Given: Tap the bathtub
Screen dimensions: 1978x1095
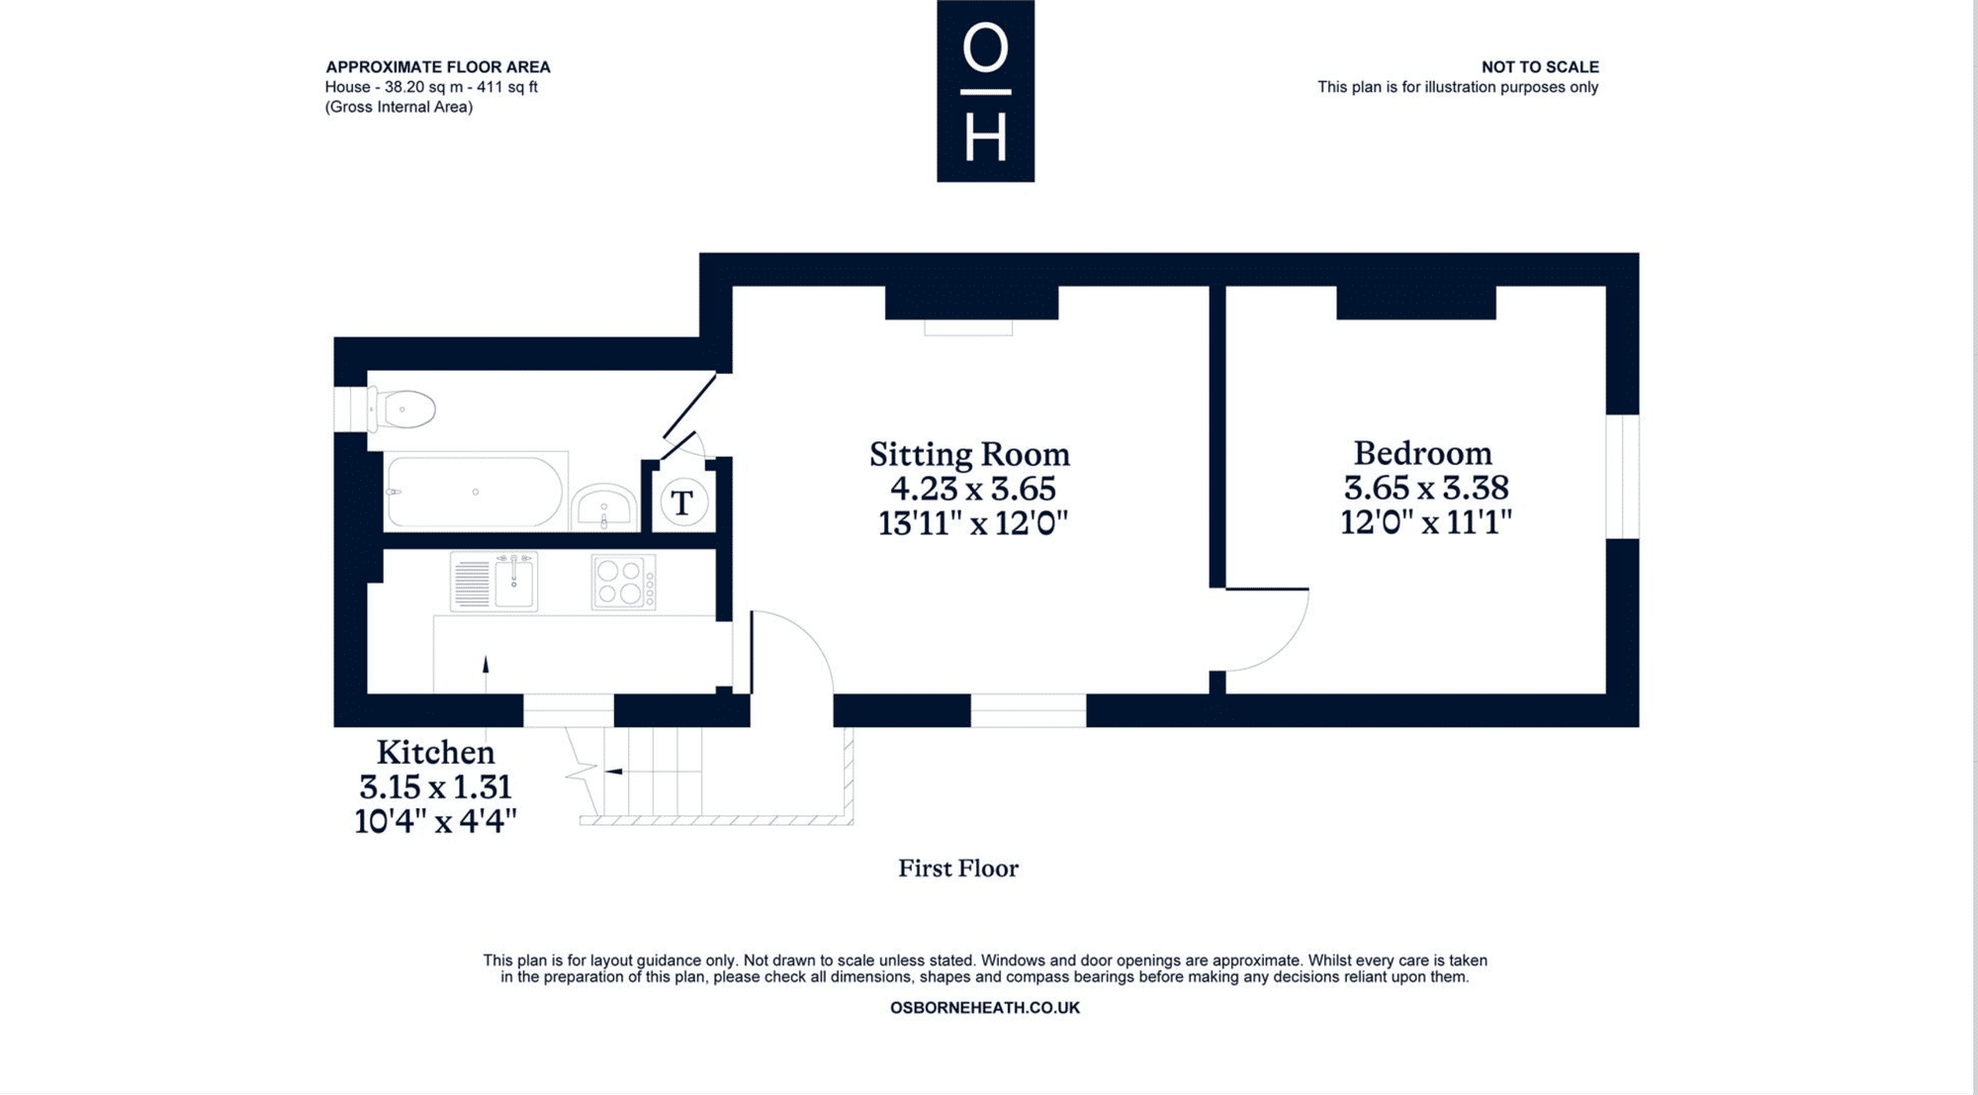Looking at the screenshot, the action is (475, 492).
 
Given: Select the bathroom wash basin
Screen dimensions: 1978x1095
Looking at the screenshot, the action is (604, 507).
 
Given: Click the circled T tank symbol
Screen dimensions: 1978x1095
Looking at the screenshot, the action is (682, 502).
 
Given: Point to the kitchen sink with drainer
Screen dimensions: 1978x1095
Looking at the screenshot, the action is (494, 582).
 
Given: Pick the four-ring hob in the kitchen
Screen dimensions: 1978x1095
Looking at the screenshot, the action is (623, 582).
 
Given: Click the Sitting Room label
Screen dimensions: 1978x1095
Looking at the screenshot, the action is (969, 455).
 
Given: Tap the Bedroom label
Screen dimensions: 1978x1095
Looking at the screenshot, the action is (1422, 453).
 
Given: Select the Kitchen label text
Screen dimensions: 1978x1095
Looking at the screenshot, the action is (435, 753).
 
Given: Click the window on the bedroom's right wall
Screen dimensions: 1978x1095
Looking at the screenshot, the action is (1622, 477).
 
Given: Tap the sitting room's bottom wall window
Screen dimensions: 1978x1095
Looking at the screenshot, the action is (1029, 710).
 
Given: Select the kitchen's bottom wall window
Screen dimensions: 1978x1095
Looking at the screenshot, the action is (569, 710).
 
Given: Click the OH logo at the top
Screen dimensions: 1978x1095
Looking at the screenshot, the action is (985, 91).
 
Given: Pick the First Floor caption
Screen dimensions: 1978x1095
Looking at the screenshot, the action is (957, 868).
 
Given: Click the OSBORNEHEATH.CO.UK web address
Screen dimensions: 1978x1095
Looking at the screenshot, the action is (985, 1008).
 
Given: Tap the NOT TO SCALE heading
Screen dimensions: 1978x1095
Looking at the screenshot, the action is (1540, 67).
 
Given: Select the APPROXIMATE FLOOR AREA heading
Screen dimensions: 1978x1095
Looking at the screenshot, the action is (438, 67).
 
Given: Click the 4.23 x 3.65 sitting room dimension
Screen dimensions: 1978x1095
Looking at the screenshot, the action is (973, 489).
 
